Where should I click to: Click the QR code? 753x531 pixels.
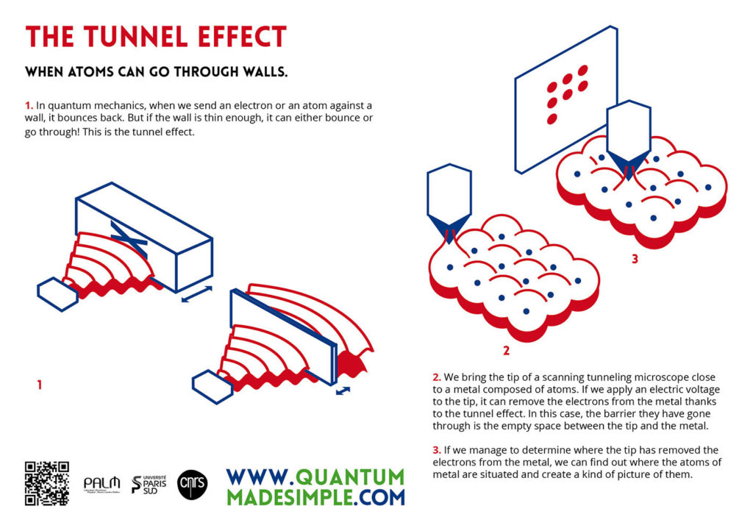(x=48, y=483)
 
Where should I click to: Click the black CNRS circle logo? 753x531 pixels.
(x=193, y=484)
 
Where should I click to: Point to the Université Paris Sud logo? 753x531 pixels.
(x=149, y=484)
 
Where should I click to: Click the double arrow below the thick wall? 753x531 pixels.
(x=196, y=294)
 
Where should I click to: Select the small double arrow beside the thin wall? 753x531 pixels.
(x=343, y=391)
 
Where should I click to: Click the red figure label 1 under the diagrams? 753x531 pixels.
(x=40, y=384)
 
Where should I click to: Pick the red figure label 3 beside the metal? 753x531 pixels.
(x=634, y=259)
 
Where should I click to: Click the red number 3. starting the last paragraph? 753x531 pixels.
(x=437, y=450)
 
